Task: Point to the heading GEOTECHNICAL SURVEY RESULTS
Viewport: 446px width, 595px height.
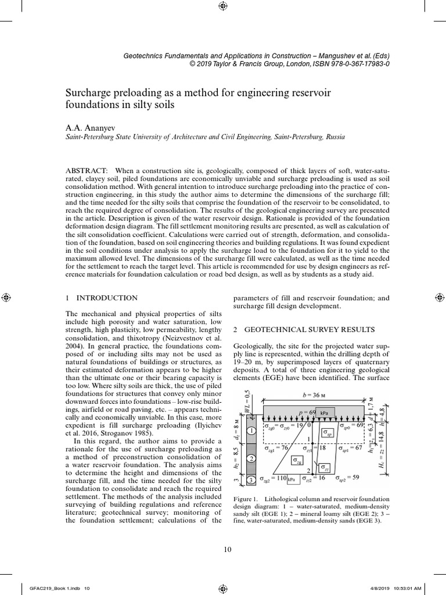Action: [304, 329]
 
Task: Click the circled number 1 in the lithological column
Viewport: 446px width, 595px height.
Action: [250, 431]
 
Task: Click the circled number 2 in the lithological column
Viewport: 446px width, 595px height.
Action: [250, 458]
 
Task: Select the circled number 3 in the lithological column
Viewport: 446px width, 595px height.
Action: [250, 480]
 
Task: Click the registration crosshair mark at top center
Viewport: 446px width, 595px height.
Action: [223, 6]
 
